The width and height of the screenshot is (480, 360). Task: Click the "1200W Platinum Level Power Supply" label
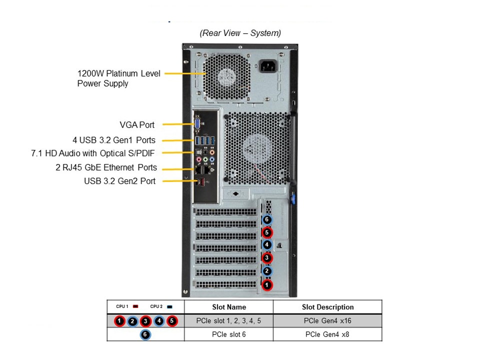pyautogui.click(x=118, y=78)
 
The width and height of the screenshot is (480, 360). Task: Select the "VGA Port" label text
pyautogui.click(x=137, y=125)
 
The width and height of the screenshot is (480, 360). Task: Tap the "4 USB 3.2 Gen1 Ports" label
pyautogui.click(x=113, y=140)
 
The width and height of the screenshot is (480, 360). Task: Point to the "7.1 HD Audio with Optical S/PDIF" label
pyautogui.click(x=93, y=153)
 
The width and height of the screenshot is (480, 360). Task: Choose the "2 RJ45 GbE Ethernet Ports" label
pyautogui.click(x=106, y=167)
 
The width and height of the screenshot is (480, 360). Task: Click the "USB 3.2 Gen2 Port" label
pyautogui.click(x=119, y=181)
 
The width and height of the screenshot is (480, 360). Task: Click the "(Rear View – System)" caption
pyautogui.click(x=240, y=33)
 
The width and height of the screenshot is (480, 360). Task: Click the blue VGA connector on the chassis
pyautogui.click(x=197, y=124)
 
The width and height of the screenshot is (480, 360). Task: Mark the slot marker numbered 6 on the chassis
pyautogui.click(x=267, y=219)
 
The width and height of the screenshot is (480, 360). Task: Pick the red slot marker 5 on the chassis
pyautogui.click(x=267, y=232)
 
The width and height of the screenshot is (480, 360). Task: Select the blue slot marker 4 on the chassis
pyautogui.click(x=267, y=245)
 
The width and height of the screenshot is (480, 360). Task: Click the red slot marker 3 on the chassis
pyautogui.click(x=267, y=258)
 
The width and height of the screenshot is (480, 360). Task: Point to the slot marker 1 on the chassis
pyautogui.click(x=267, y=284)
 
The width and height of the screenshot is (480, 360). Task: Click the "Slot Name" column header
pyautogui.click(x=228, y=307)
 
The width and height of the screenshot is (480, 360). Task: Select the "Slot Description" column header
pyautogui.click(x=327, y=307)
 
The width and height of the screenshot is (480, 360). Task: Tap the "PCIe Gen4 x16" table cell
pyautogui.click(x=327, y=321)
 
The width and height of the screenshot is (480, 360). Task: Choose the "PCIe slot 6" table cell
pyautogui.click(x=228, y=334)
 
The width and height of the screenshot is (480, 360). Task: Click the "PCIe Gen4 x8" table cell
pyautogui.click(x=327, y=334)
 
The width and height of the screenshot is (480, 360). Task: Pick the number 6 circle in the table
pyautogui.click(x=145, y=334)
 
